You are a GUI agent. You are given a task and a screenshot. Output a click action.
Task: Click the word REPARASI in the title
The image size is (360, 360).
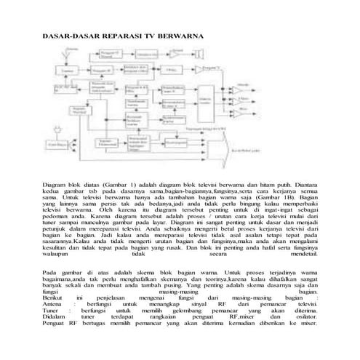pyautogui.click(x=116, y=36)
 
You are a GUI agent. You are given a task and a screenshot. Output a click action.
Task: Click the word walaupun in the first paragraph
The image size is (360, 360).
pyautogui.click(x=57, y=255)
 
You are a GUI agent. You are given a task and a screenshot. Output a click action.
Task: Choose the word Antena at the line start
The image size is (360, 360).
pyautogui.click(x=53, y=304)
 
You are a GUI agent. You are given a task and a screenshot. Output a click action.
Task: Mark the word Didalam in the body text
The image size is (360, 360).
pyautogui.click(x=55, y=317)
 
